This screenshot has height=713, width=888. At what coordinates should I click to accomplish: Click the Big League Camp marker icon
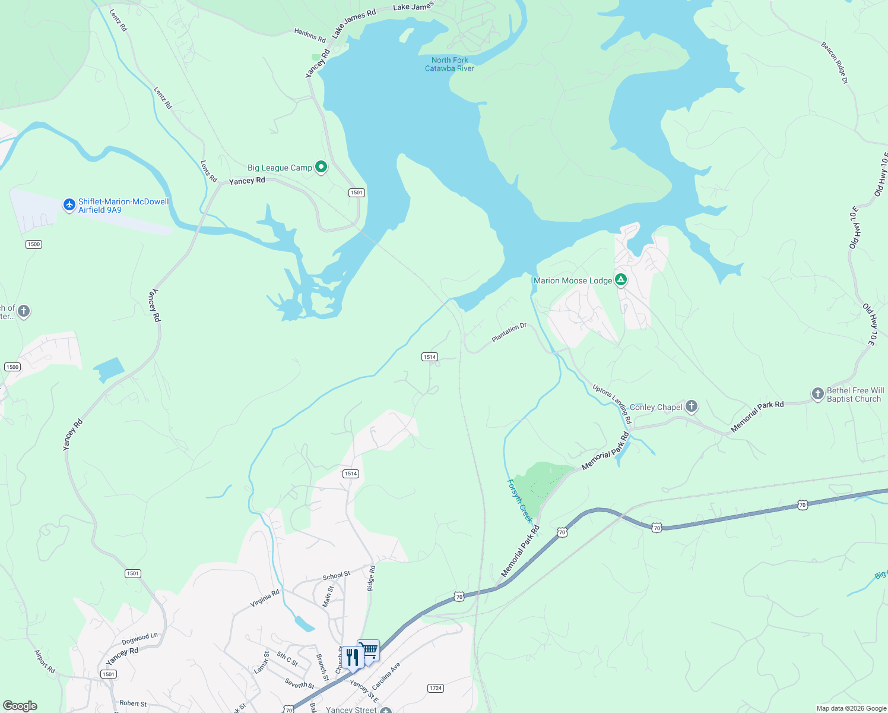pos(321,167)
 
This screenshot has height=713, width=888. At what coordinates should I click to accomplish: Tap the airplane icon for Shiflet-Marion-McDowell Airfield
pos(69,205)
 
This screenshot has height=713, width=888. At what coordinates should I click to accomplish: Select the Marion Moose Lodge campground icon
pos(621,280)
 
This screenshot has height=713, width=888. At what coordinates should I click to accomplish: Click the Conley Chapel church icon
pos(691,406)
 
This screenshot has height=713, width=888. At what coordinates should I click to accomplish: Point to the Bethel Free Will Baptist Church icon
pos(817,393)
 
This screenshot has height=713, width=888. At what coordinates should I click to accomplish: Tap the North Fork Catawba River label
pos(449,64)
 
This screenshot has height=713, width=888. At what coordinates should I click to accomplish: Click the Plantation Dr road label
pos(509,333)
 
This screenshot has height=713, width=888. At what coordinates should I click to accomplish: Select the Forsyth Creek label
pos(519,501)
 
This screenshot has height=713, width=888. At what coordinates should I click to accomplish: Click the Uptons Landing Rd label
pos(612,404)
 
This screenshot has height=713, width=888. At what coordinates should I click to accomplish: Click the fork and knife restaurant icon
pos(353,657)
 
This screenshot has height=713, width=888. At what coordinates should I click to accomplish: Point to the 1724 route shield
pos(436,688)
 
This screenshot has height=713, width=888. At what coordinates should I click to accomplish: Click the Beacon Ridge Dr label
pos(835,62)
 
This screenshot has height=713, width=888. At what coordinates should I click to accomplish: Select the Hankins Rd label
pos(310,35)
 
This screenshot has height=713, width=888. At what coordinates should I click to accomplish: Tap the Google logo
pos(20,706)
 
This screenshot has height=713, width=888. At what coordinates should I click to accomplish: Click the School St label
pos(337,576)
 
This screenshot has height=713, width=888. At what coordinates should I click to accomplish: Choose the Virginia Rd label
pos(265,598)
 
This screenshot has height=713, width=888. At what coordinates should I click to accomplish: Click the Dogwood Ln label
pos(139,639)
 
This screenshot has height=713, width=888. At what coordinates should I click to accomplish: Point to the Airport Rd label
pos(45,661)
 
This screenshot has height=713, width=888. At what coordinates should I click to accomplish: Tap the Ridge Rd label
pos(371,578)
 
